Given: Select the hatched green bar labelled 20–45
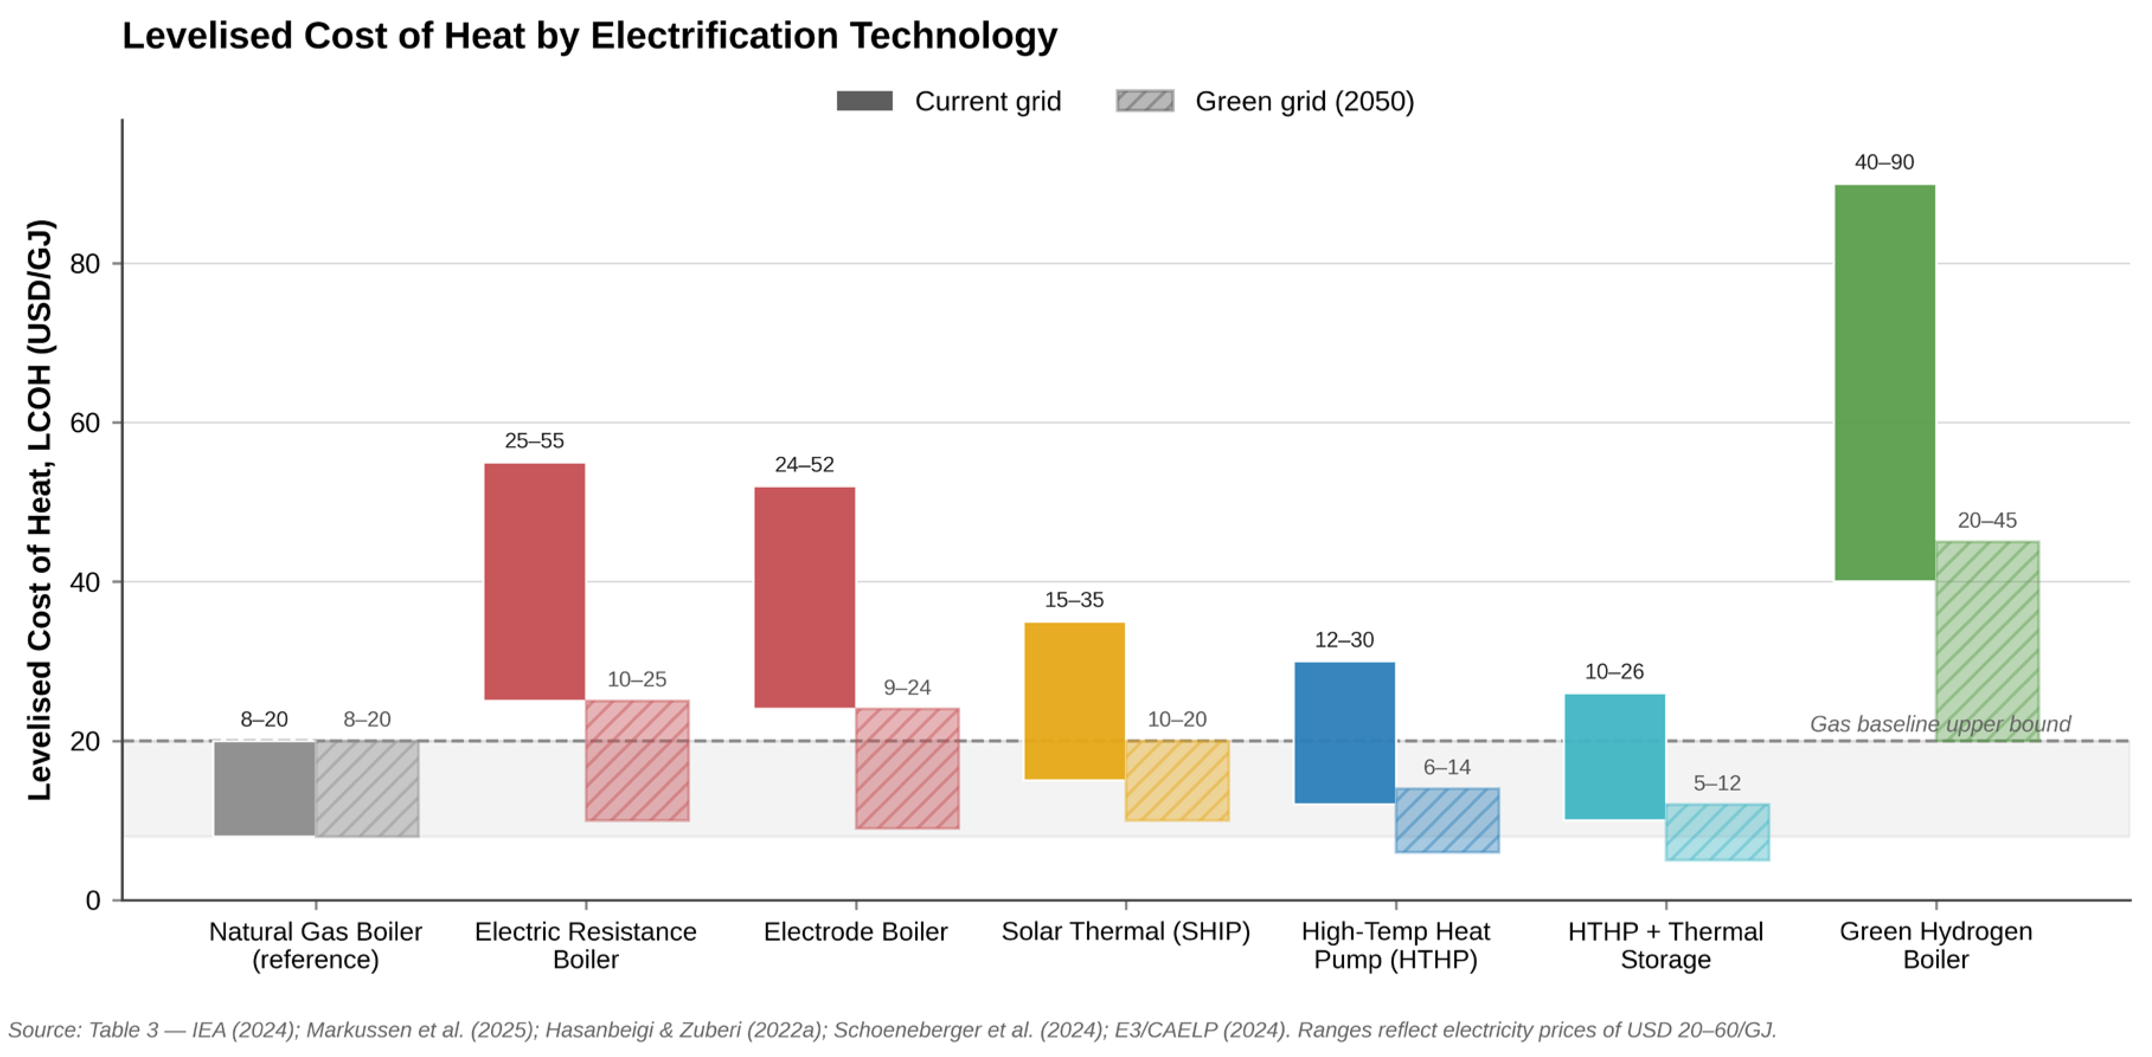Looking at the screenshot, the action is pos(1987,641).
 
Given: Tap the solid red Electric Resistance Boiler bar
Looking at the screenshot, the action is pos(535,581).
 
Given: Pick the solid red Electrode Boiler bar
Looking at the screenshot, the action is pos(804,597).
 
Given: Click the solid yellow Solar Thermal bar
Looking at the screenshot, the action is pos(1075,701).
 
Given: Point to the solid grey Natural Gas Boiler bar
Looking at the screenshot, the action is pos(264,788).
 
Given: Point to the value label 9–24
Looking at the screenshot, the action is pos(907,687).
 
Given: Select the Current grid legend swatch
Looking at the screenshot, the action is pos(865,101).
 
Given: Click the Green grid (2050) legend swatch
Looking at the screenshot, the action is pos(1144,101).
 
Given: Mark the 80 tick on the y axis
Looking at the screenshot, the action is pos(84,264).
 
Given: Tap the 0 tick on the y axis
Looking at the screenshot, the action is pos(93,900).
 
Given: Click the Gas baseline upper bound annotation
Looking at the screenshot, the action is pos(1940,724).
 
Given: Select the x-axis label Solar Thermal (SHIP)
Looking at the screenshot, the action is pos(1125,931).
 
